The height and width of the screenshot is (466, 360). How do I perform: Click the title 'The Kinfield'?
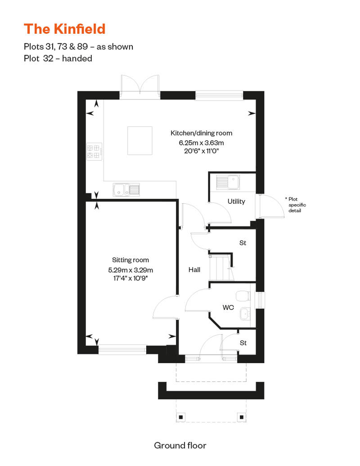pyautogui.click(x=64, y=29)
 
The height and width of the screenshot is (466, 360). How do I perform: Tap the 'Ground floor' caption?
pyautogui.click(x=180, y=445)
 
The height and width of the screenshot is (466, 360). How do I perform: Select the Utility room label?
pyautogui.click(x=236, y=201)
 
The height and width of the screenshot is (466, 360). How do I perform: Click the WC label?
pyautogui.click(x=228, y=307)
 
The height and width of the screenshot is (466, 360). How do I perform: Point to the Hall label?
pyautogui.click(x=194, y=269)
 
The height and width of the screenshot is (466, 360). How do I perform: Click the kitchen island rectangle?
pyautogui.click(x=139, y=141)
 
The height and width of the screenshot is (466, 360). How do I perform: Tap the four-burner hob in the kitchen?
pyautogui.click(x=94, y=152)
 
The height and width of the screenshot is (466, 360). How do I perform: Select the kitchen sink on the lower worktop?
pyautogui.click(x=126, y=190)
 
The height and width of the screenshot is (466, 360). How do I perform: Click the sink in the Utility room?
pyautogui.click(x=228, y=182)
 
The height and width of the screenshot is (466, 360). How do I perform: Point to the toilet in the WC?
pyautogui.click(x=243, y=296)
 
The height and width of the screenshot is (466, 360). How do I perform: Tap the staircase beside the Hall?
pyautogui.click(x=221, y=268)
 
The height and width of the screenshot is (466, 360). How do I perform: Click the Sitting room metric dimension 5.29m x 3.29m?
pyautogui.click(x=130, y=270)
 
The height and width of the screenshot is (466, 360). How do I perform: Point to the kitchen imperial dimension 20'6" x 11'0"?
pyautogui.click(x=201, y=151)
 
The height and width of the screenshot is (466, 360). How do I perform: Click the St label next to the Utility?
pyautogui.click(x=243, y=243)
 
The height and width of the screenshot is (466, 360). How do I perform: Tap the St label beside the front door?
pyautogui.click(x=243, y=343)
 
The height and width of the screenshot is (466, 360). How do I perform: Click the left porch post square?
pyautogui.click(x=180, y=417)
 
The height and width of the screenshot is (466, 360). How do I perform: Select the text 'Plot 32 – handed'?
pyautogui.click(x=58, y=58)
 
